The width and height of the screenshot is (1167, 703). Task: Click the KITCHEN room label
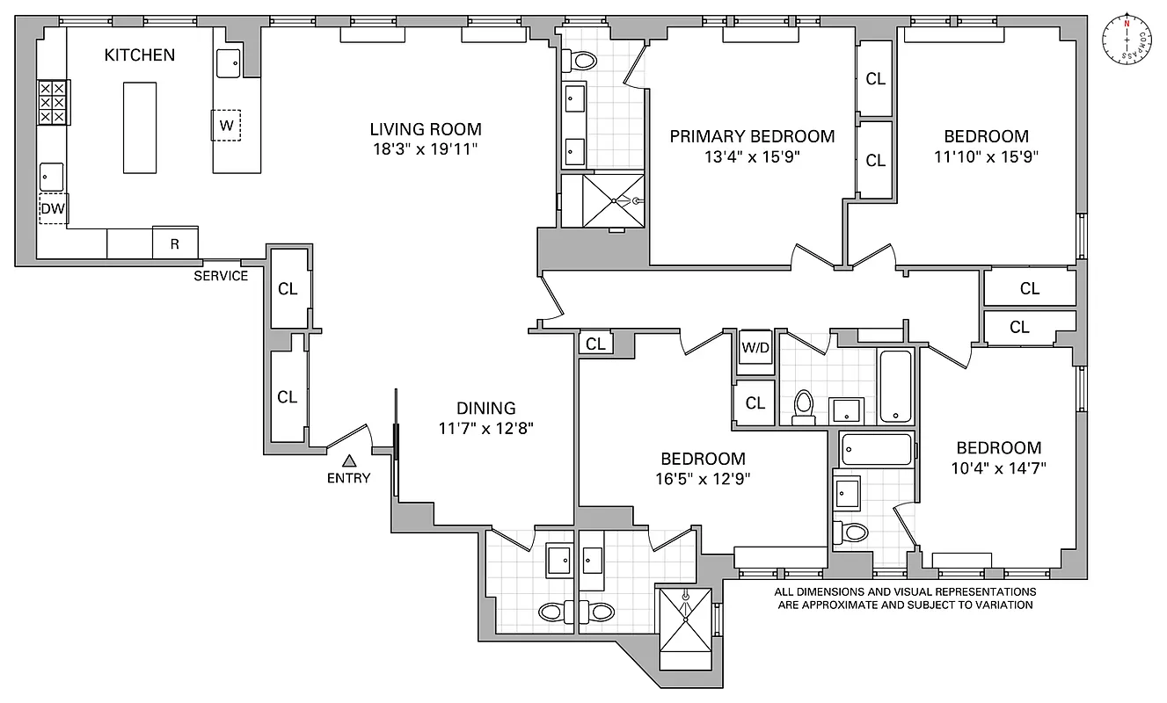140,54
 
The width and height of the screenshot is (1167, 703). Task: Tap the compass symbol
1126,38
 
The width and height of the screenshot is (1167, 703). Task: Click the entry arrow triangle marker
349,460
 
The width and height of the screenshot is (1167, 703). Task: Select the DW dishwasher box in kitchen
52,209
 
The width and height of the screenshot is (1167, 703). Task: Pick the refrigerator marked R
174,243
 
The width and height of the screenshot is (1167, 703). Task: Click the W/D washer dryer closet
755,346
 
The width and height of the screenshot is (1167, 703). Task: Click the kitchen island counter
140,127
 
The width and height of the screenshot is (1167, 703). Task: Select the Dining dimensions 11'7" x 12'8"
486,428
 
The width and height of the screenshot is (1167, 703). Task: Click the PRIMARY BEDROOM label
752,136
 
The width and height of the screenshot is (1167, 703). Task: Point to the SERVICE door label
222,276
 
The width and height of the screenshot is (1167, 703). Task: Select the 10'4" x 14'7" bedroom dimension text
998,467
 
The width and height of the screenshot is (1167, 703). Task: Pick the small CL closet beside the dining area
595,344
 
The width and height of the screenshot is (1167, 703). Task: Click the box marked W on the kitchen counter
226,125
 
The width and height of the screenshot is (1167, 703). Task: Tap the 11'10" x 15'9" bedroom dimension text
986,157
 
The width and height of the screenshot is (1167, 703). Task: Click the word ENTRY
348,478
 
